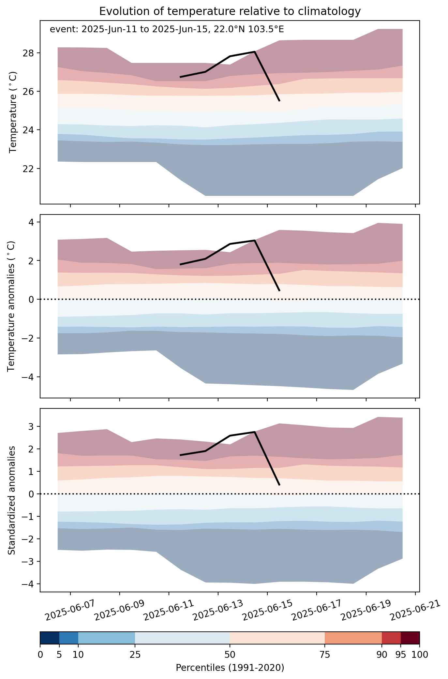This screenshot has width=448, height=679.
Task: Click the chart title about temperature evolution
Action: (x=230, y=11)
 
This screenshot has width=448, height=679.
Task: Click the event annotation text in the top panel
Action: (x=167, y=29)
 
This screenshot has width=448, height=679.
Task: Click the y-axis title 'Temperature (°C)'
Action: (x=13, y=112)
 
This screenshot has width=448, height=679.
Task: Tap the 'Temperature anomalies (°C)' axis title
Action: (x=11, y=306)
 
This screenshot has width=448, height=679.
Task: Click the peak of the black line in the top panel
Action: (x=254, y=52)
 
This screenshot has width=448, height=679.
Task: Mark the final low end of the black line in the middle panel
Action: (x=279, y=290)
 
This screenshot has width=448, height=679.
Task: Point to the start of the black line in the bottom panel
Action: (x=180, y=455)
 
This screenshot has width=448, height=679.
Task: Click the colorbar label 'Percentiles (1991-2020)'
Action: (x=230, y=668)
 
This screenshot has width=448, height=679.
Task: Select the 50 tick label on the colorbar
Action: (x=230, y=654)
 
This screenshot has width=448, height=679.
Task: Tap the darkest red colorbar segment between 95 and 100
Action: (x=410, y=638)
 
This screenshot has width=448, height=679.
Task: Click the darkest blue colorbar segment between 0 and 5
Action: (x=50, y=638)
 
